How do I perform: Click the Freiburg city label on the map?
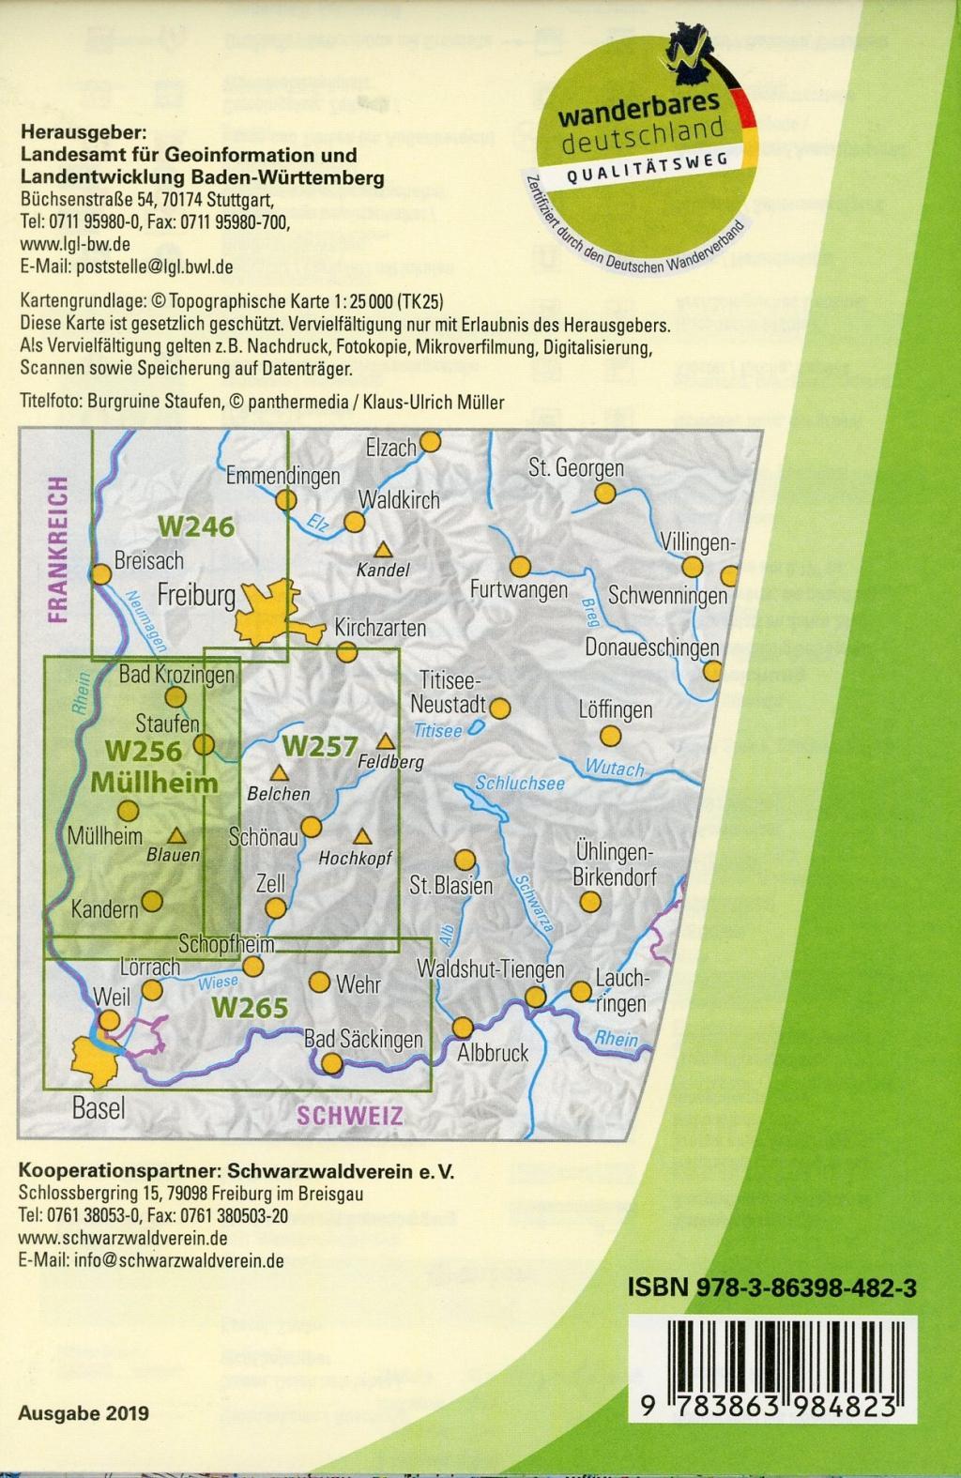(x=195, y=595)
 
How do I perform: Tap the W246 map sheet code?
(x=195, y=527)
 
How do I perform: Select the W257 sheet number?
(x=320, y=747)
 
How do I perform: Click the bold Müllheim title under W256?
(x=154, y=783)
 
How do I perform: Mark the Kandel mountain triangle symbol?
(x=383, y=550)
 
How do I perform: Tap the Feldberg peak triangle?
(x=386, y=740)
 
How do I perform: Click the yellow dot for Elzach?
(x=430, y=441)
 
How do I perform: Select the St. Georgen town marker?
(x=607, y=492)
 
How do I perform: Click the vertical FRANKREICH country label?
(x=59, y=550)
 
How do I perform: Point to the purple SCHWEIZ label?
(x=350, y=1116)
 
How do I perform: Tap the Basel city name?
(x=99, y=1108)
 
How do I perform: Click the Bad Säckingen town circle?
(x=331, y=1063)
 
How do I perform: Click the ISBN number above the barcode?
(x=771, y=1289)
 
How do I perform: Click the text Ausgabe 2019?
(x=83, y=1414)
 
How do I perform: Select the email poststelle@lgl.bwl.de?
(x=127, y=267)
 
